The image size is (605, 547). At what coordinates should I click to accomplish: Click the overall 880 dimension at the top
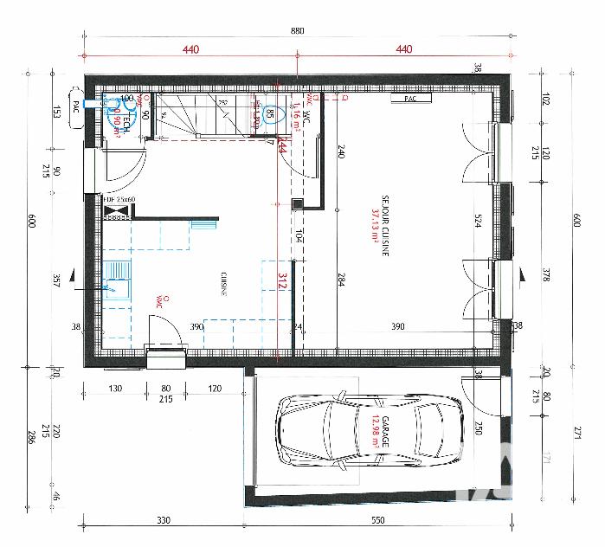(297, 30)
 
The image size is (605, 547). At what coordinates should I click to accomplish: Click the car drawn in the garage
(370, 433)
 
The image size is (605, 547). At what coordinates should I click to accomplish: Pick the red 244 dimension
(281, 148)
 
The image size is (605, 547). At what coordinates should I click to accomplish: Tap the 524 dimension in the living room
(475, 220)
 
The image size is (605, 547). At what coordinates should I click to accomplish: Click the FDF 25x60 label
(119, 200)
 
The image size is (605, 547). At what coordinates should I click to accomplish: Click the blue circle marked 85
(270, 114)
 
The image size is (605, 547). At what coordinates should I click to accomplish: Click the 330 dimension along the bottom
(163, 520)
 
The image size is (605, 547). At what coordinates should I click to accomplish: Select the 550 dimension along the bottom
(377, 520)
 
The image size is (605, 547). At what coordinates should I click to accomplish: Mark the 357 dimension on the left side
(55, 280)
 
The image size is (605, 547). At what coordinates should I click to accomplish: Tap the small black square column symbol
(297, 204)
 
